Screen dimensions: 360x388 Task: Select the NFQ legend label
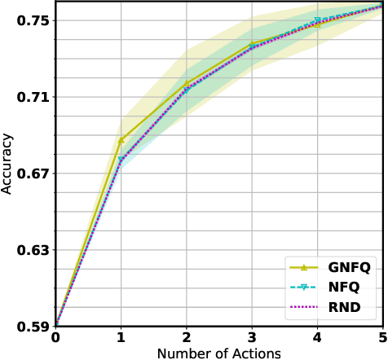pos(344,288)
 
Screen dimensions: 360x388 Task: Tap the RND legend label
pos(344,308)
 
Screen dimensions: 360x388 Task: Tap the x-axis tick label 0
pos(55,338)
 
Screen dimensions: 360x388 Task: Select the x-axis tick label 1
pos(121,338)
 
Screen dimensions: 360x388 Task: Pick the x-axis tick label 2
pos(187,338)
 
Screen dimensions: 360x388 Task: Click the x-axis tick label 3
pos(252,338)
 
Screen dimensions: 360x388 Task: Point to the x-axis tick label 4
pos(317,338)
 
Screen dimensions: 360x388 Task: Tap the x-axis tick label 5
pos(382,338)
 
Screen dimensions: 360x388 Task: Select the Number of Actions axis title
pos(218,353)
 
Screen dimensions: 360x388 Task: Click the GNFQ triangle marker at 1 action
pos(121,140)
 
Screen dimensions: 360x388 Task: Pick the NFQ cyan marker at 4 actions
pos(317,21)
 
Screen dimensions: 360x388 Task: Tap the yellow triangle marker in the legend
pos(304,267)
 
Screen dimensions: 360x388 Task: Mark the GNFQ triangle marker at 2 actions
pos(187,83)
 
